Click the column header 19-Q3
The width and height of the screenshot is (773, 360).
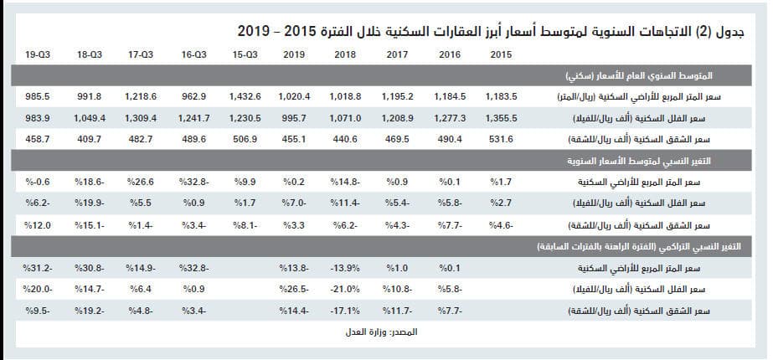[37, 55]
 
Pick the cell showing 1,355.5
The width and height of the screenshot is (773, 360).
[500, 118]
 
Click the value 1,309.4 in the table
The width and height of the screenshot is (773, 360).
[143, 118]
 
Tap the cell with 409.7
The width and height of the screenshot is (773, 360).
[90, 139]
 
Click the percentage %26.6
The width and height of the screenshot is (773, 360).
[142, 181]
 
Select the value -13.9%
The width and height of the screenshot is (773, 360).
[347, 268]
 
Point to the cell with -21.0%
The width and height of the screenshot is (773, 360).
[347, 289]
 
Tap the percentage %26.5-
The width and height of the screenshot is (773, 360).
[297, 289]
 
